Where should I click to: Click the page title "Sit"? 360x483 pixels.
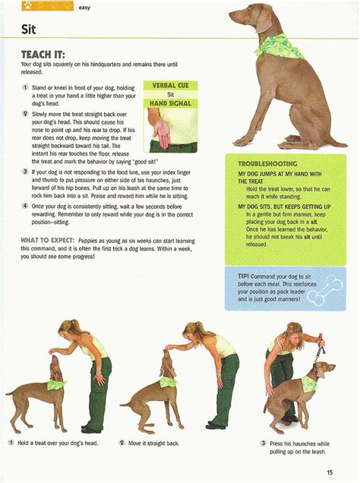[x=28, y=30]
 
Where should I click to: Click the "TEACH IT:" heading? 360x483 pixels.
[x=43, y=55]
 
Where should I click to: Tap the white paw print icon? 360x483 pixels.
[x=27, y=5]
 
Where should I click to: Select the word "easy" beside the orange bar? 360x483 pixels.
[x=84, y=8]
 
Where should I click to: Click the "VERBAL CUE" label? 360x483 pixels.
[x=170, y=85]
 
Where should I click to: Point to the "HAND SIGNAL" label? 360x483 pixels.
[x=170, y=103]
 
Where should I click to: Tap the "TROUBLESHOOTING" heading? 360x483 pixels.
[x=267, y=164]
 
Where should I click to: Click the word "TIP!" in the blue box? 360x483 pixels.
[x=243, y=276]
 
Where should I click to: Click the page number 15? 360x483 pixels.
[x=330, y=472]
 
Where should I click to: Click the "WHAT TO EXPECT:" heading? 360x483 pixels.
[x=47, y=240]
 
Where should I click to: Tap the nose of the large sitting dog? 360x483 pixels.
[x=230, y=14]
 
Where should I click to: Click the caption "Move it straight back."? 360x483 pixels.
[x=153, y=444]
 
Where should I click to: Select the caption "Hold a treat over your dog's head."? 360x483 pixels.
[x=58, y=444]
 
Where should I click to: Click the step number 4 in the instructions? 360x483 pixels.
[x=25, y=206]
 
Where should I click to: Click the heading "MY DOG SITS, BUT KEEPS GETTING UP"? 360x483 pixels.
[x=280, y=207]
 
